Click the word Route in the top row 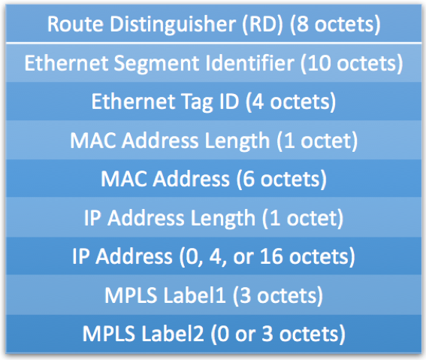(75, 24)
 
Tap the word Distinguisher (173, 25)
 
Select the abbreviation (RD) (263, 25)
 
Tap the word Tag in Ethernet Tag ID (196, 103)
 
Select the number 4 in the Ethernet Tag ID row (258, 102)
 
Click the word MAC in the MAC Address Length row (94, 141)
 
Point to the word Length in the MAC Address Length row (237, 141)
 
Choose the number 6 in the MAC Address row (249, 180)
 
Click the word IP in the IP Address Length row (92, 218)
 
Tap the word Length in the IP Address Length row (223, 219)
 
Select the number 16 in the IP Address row (271, 256)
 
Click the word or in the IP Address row (243, 259)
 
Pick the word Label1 (195, 295)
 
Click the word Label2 (173, 334)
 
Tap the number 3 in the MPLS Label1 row (246, 295)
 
